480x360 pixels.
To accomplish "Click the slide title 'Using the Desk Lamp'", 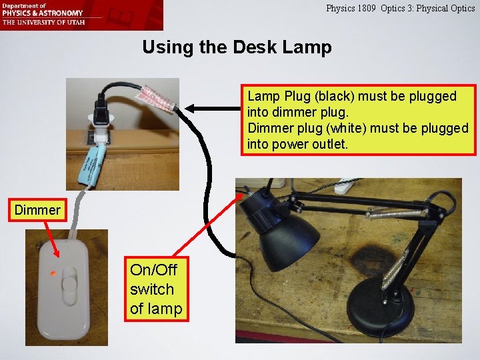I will click(237, 47).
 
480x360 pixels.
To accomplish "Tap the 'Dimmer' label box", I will click(37, 210).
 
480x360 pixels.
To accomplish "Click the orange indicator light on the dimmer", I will click(52, 273).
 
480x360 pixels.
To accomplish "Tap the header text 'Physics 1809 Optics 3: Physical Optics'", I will click(400, 9).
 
